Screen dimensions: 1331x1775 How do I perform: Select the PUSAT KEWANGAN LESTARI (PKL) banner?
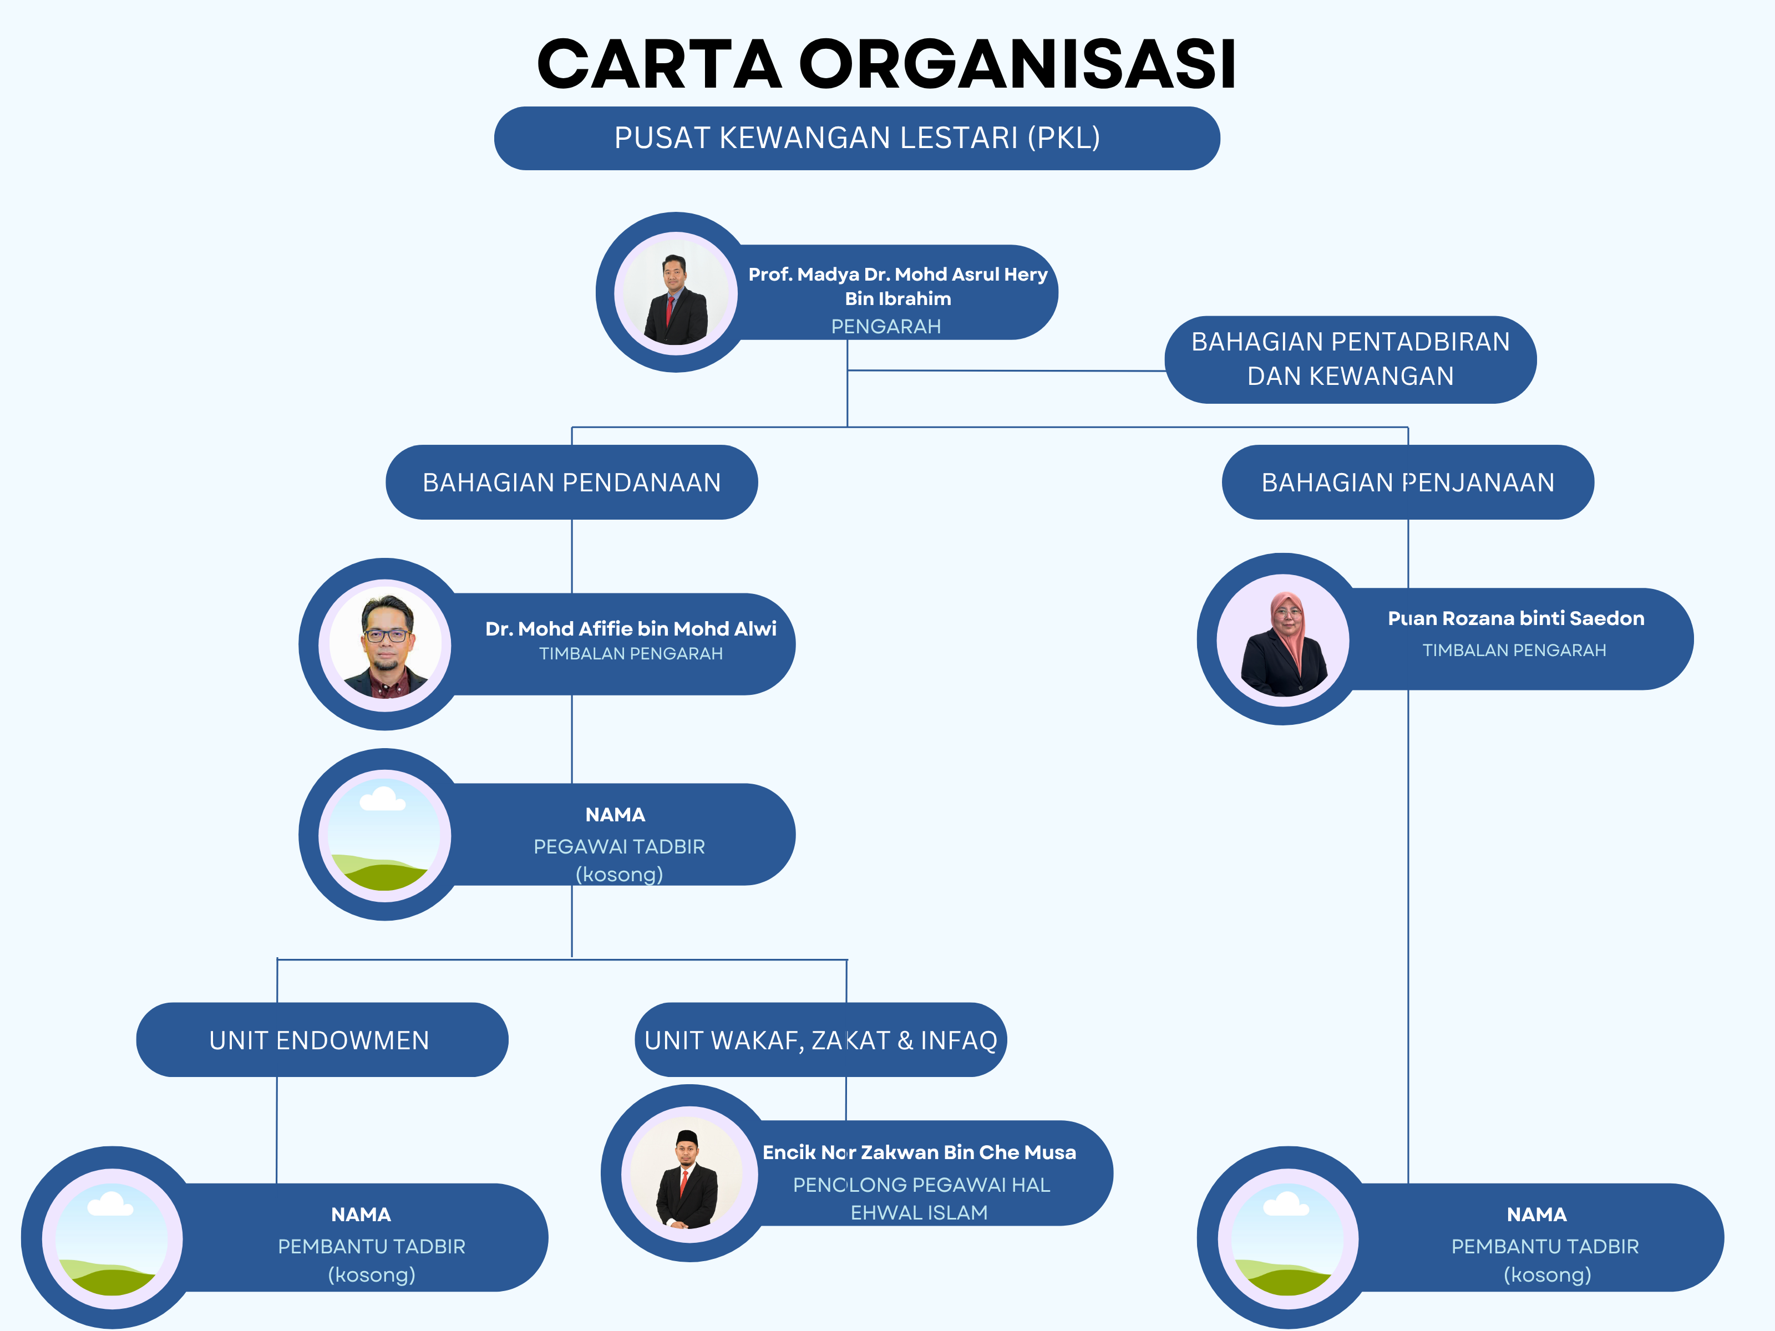[856, 138]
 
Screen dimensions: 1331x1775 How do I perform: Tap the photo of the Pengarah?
[676, 293]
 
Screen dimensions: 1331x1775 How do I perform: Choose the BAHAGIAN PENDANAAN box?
[571, 482]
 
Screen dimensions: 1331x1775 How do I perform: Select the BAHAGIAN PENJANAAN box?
[1407, 482]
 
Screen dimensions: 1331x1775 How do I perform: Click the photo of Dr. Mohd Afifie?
[385, 645]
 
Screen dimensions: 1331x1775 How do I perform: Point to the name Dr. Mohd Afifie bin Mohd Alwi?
[631, 628]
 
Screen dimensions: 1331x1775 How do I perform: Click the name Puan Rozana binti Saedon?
[1516, 618]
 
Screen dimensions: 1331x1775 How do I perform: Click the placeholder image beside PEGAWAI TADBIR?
[385, 835]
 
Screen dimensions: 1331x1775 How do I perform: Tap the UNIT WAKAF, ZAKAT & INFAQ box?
[820, 1040]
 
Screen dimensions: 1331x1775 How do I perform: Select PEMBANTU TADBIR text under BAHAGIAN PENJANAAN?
[1545, 1246]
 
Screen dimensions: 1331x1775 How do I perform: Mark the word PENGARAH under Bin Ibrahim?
[886, 327]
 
